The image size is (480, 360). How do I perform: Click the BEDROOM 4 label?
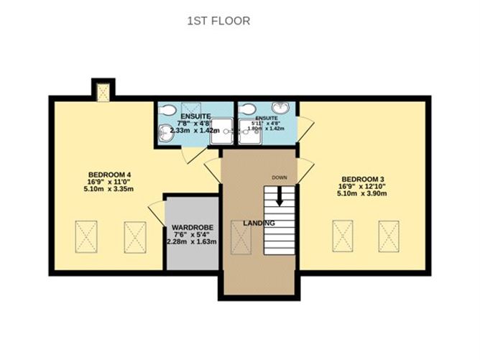pyautogui.click(x=109, y=175)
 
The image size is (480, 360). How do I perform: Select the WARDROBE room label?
pyautogui.click(x=192, y=231)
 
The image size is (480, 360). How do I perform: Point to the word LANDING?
pyautogui.click(x=259, y=223)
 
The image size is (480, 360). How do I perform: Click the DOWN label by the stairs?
pyautogui.click(x=280, y=177)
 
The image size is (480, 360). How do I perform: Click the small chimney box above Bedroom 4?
pyautogui.click(x=103, y=91)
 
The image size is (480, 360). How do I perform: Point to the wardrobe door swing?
pyautogui.click(x=156, y=212)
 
